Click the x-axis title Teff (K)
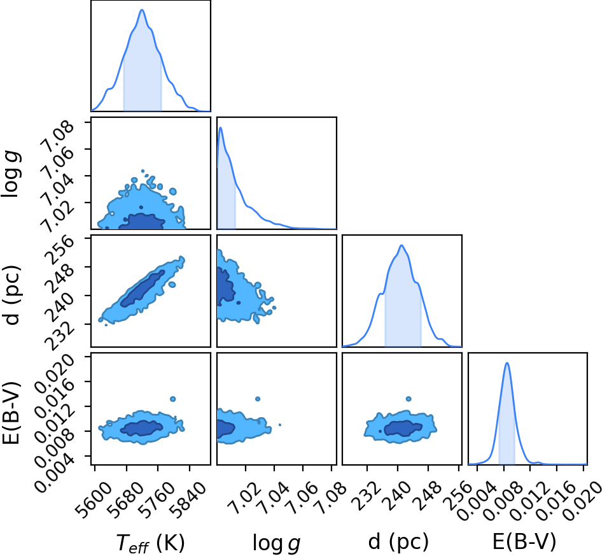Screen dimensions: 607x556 pos(151,543)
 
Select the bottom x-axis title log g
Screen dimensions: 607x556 pos(276,543)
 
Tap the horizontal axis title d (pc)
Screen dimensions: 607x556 pos(398,541)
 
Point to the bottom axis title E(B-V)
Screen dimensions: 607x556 pos(524,541)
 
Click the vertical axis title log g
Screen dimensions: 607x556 pos(11,174)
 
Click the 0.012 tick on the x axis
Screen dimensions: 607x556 pos(527,492)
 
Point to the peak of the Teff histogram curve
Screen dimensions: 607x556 pos(142,10)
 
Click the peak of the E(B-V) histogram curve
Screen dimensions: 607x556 pos(506,363)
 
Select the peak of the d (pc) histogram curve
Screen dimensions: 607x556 pos(401,245)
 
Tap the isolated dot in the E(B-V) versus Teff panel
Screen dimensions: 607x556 pos(172,399)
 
